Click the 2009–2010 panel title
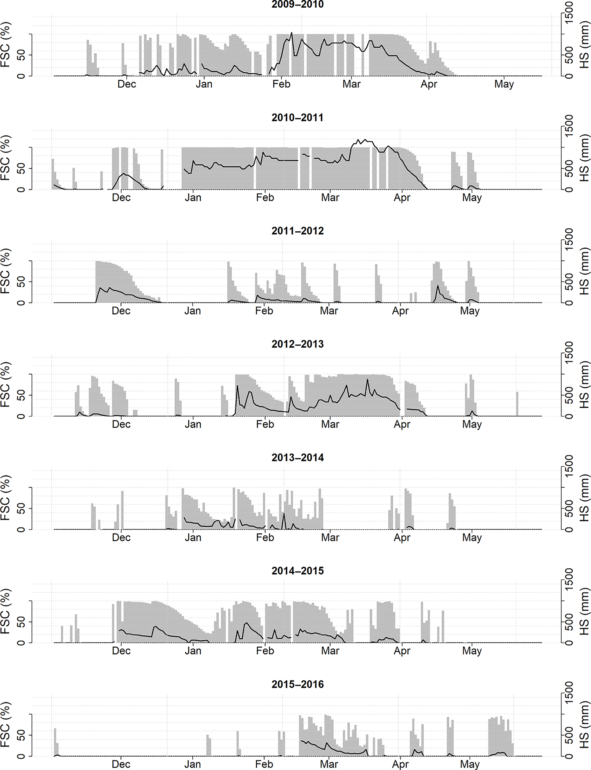(x=297, y=5)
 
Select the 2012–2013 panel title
(x=297, y=344)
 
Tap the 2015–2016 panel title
(x=297, y=684)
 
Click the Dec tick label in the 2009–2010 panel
(x=127, y=84)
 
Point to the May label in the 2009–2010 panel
(x=504, y=84)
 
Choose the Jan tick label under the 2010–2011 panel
(x=193, y=198)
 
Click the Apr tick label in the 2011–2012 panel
(x=400, y=311)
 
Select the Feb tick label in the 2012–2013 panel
(x=264, y=424)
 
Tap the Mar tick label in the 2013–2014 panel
(x=330, y=538)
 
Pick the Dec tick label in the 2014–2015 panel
(x=121, y=651)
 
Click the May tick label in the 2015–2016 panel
(x=470, y=764)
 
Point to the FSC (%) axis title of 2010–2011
(x=5, y=158)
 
